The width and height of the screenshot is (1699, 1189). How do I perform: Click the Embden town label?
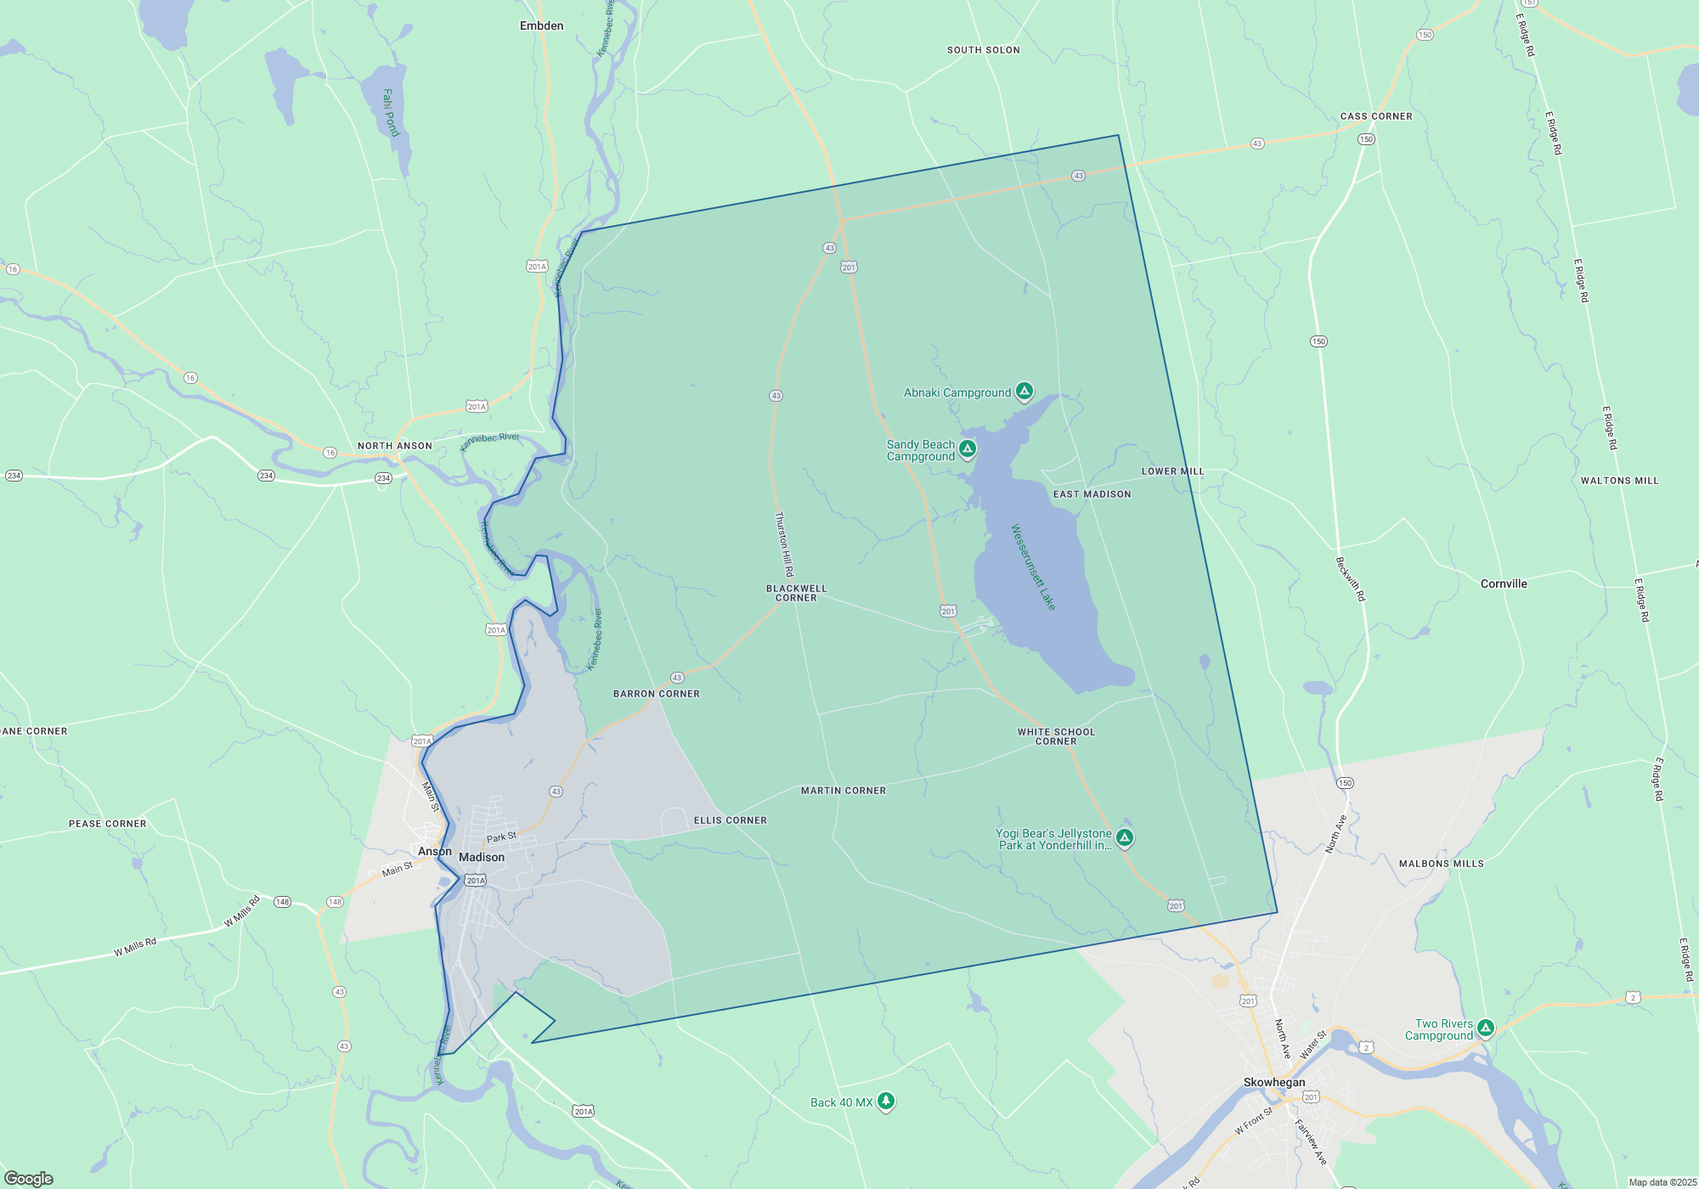[x=541, y=26]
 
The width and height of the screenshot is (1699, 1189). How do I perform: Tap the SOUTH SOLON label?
[x=983, y=50]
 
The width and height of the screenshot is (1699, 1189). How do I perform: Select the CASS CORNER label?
[x=1376, y=116]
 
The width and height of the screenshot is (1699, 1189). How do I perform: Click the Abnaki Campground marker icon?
[x=1024, y=391]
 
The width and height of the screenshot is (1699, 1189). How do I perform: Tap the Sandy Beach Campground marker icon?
[x=968, y=448]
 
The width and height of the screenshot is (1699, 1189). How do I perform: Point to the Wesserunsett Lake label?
[x=1033, y=566]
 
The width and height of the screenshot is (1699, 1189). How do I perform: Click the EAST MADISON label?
[x=1092, y=494]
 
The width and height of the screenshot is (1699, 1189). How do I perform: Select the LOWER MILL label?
[x=1172, y=471]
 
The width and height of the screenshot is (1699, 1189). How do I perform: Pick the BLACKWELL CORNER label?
[x=796, y=593]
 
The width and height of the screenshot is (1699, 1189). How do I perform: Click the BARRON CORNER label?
[x=657, y=694]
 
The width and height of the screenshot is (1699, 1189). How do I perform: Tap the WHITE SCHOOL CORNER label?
[x=1056, y=736]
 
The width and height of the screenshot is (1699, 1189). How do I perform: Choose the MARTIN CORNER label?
[x=844, y=791]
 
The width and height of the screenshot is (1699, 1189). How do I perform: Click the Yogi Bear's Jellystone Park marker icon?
[x=1125, y=838]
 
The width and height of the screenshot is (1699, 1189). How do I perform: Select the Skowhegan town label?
[x=1274, y=1082]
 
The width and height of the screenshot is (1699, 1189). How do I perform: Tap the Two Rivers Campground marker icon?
[x=1485, y=1028]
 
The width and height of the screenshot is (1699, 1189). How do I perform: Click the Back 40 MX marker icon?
[x=886, y=1102]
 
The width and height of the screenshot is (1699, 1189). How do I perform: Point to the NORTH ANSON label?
[x=395, y=446]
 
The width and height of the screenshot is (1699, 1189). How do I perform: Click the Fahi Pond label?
[x=390, y=112]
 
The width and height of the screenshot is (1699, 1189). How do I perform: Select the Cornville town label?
[x=1504, y=583]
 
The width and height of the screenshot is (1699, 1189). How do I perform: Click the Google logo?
[x=29, y=1178]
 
